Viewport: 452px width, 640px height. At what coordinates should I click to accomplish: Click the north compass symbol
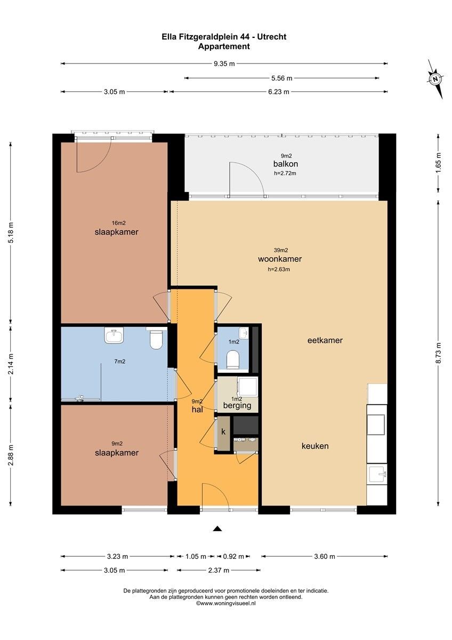tap(435, 79)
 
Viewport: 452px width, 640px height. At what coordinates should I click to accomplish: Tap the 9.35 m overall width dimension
tap(224, 63)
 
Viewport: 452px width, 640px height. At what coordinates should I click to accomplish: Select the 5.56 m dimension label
tap(281, 78)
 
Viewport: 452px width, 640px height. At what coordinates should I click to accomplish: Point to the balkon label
tap(286, 164)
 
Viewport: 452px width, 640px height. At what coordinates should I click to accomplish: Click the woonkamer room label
tap(279, 259)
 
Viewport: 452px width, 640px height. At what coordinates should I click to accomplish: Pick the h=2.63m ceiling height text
tap(279, 269)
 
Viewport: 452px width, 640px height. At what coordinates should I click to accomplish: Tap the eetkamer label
tap(325, 340)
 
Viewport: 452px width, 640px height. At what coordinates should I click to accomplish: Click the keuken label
tap(315, 446)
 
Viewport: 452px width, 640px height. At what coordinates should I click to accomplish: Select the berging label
tap(237, 406)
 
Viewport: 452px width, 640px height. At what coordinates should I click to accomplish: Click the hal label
tap(197, 410)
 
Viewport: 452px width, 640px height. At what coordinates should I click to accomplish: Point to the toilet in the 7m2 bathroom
tap(156, 340)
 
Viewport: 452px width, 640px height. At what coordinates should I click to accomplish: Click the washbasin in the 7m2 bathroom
tap(114, 335)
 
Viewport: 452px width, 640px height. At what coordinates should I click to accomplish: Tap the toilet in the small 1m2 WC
tap(233, 359)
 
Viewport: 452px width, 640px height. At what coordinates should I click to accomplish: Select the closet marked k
tap(223, 432)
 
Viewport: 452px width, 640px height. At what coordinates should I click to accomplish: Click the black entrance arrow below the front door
tap(217, 529)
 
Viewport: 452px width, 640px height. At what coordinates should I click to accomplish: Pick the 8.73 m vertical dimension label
tap(439, 353)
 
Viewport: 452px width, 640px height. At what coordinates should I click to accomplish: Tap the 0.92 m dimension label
tap(233, 564)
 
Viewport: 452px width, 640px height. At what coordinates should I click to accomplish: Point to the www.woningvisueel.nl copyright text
tap(225, 603)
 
